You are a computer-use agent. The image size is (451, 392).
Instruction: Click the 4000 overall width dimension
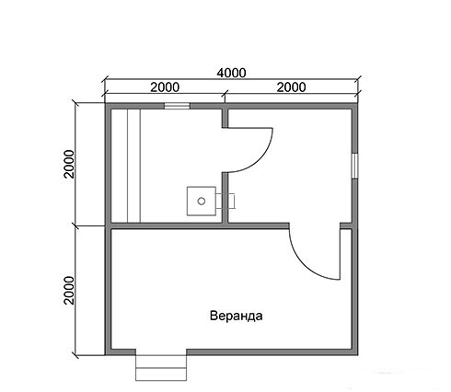point(231,74)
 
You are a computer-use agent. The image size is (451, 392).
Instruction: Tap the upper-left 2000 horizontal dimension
point(165,87)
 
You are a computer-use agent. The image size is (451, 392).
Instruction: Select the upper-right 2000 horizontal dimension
point(291,87)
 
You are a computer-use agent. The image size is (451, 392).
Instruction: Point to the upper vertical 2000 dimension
point(69,164)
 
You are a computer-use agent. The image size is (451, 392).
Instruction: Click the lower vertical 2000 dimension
point(69,290)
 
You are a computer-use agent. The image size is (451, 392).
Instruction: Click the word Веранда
point(236,316)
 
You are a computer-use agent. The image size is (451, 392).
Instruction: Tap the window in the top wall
point(177,106)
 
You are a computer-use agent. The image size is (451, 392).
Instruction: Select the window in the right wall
point(354,166)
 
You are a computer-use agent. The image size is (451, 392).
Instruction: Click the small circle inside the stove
point(202,202)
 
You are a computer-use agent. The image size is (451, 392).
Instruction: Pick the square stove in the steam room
point(202,201)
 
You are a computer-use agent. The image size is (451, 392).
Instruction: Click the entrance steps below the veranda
point(161,368)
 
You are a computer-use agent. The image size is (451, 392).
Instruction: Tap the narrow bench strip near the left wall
point(133,166)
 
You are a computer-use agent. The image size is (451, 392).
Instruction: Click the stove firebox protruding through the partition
point(225,202)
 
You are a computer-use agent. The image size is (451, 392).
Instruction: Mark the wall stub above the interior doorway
point(225,118)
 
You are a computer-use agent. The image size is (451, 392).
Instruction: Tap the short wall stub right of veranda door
point(346,225)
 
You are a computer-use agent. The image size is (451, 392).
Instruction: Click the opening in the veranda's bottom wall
point(161,352)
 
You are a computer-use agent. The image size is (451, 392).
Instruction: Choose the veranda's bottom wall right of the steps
point(272,352)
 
